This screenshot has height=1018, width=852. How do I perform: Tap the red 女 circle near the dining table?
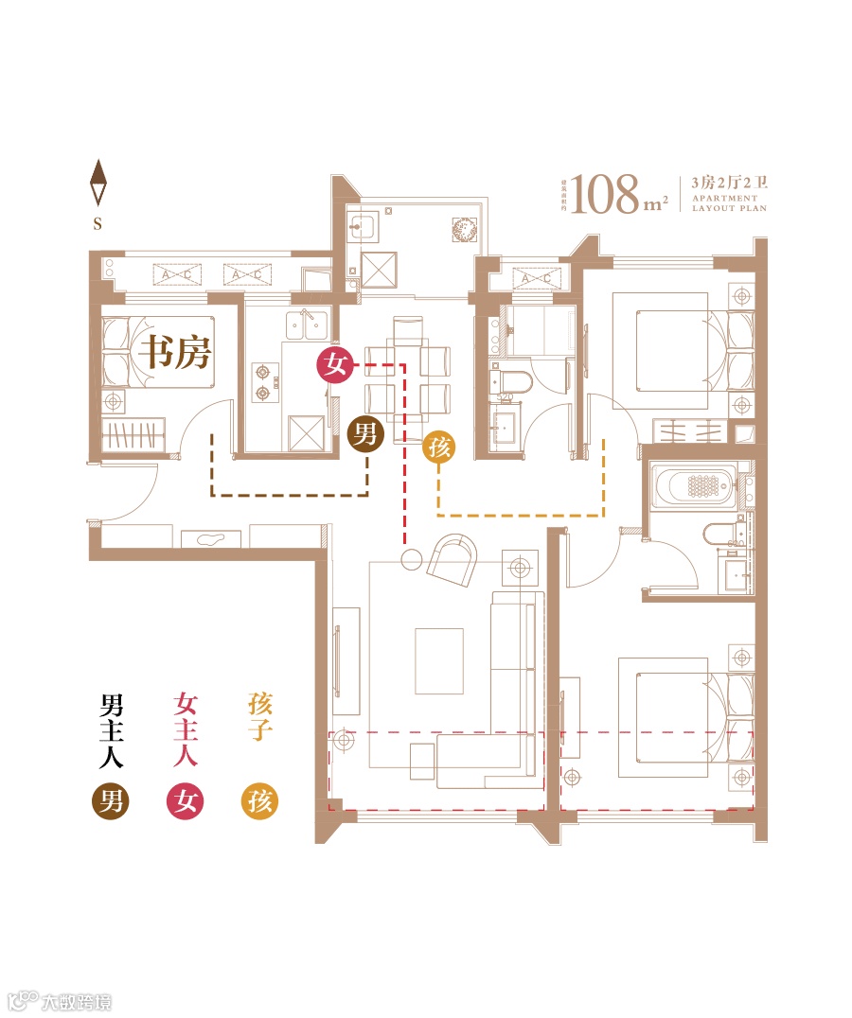334,364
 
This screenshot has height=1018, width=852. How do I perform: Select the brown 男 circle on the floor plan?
365,435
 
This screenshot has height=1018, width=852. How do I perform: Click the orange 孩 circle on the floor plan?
439,448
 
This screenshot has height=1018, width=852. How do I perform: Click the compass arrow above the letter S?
98,184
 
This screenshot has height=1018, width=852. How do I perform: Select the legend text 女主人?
186,729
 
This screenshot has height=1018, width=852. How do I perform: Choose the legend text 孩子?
260,717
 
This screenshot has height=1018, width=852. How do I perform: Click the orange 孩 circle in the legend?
260,802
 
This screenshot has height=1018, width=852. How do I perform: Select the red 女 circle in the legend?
186,802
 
